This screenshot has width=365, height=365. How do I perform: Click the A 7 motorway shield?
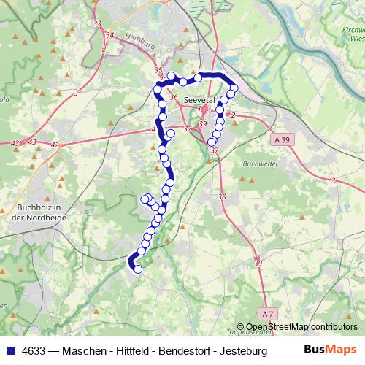point(268,313)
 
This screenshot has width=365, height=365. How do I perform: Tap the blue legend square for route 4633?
point(10,350)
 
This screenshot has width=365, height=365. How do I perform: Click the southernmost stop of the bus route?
point(137,269)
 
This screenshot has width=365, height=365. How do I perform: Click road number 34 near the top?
point(110,35)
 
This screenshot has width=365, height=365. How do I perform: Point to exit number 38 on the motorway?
point(222,197)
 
